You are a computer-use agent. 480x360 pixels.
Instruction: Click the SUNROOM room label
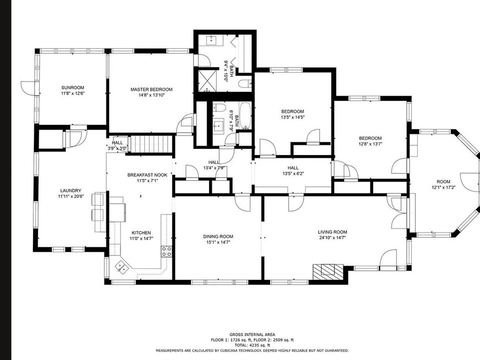[72, 88]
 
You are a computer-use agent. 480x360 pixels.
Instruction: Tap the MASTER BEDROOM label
[151, 89]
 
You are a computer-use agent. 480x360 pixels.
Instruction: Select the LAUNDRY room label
[70, 190]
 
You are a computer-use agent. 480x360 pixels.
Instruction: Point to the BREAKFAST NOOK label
[147, 175]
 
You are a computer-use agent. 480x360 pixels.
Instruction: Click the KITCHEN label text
[141, 232]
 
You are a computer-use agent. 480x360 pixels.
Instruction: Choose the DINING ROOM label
[218, 236]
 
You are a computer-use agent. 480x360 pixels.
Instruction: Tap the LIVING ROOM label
[332, 232]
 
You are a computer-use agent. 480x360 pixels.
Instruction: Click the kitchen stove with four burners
[166, 251]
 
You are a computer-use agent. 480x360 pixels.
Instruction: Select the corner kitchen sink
[122, 267]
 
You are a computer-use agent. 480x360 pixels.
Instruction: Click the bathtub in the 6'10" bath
[245, 115]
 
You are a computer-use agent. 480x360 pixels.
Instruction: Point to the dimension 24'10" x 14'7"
[332, 237]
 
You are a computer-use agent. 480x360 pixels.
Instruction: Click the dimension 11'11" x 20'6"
[70, 196]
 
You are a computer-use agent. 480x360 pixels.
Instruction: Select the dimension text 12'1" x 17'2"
[443, 187]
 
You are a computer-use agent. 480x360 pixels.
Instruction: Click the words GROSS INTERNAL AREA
[252, 334]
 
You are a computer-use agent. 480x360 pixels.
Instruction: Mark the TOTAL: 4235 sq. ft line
[252, 345]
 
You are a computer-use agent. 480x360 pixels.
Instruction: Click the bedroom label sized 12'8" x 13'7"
[370, 138]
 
